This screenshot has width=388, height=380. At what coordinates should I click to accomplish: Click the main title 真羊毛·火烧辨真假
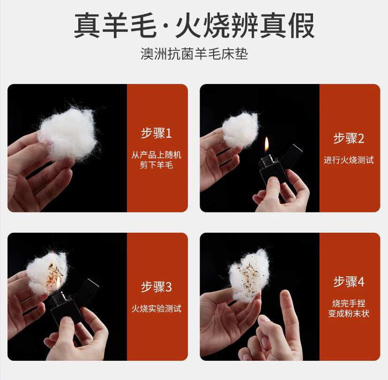(x=194, y=26)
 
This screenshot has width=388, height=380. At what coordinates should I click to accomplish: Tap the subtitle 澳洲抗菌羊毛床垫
(x=194, y=54)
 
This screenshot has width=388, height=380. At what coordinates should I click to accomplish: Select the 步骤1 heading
(x=157, y=133)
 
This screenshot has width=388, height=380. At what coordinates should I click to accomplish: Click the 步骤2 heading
(x=349, y=138)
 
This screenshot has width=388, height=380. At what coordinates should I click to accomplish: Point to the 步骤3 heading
(x=157, y=287)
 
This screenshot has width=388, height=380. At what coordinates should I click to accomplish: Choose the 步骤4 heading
(x=349, y=281)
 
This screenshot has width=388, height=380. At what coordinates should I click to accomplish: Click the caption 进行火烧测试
(x=349, y=160)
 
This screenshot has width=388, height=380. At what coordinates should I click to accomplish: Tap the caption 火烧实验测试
(x=157, y=309)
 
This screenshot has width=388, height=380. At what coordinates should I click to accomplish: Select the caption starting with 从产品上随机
(x=157, y=160)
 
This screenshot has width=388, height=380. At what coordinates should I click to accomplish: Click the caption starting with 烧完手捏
(x=349, y=308)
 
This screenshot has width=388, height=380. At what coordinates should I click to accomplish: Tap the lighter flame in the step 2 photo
(x=267, y=145)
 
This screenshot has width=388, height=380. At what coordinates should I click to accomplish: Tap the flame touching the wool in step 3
(x=59, y=282)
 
